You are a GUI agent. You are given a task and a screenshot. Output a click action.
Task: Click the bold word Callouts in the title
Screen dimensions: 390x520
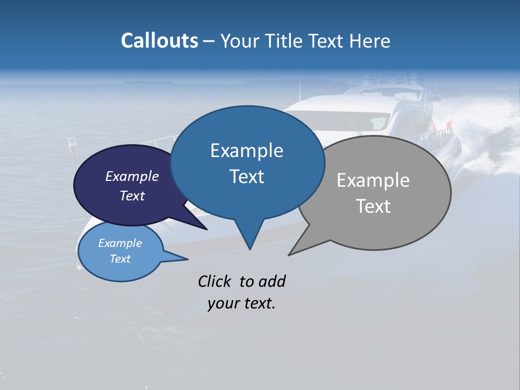tap(159, 41)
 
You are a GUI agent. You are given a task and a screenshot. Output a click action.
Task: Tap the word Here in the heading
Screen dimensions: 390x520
tap(368, 41)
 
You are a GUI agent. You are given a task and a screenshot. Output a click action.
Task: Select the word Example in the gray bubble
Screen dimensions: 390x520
tap(373, 180)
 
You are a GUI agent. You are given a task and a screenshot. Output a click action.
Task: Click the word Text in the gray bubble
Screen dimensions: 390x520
tap(373, 206)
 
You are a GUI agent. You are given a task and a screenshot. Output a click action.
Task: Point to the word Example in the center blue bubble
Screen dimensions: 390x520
tap(246, 151)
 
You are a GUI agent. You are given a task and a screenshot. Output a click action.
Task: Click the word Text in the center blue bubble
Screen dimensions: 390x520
tap(246, 177)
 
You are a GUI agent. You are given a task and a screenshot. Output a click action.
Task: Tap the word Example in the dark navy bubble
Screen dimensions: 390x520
tap(132, 176)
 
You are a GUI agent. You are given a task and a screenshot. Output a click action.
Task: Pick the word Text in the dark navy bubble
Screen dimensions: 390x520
tap(132, 196)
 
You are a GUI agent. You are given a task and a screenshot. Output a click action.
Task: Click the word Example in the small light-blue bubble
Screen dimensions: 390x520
tap(120, 243)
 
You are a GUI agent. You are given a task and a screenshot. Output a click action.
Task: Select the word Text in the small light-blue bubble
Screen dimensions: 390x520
tap(120, 259)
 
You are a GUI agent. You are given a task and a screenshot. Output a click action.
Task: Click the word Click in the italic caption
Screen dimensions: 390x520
tap(215, 281)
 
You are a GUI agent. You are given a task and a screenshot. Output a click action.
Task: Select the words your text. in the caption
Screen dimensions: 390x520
tap(241, 303)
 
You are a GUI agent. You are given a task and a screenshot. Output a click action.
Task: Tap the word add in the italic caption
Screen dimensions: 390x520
tap(271, 281)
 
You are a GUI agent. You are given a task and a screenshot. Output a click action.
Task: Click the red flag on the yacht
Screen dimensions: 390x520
tap(447, 126)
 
